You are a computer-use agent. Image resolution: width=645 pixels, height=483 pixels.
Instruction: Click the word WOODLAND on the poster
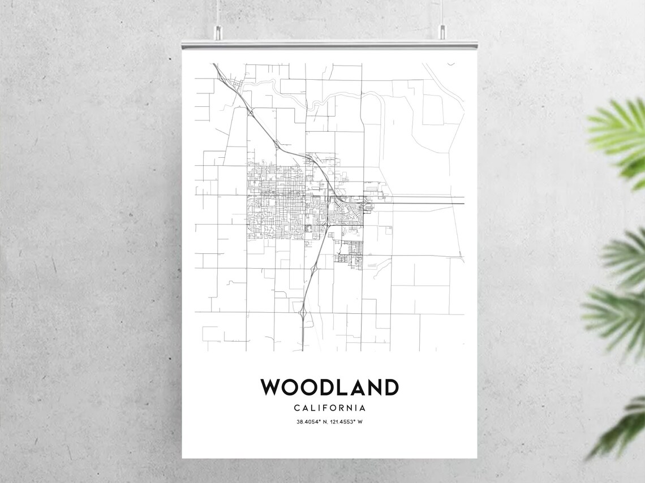click(x=329, y=388)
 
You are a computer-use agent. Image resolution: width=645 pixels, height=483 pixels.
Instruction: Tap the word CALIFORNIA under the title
click(x=329, y=408)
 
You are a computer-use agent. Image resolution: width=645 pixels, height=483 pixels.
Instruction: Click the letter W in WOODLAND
click(x=270, y=388)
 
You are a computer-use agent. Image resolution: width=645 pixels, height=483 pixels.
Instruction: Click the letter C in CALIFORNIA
click(x=297, y=408)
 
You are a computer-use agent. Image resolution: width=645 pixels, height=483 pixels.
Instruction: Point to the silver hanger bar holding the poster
click(x=329, y=44)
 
